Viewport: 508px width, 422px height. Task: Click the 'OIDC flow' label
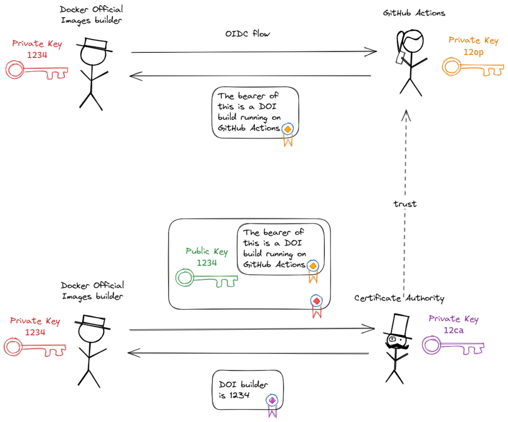[247, 34]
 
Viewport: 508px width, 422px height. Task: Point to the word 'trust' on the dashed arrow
[405, 204]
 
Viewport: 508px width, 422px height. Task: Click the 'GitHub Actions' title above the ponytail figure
[414, 13]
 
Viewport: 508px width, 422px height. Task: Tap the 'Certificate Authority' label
[399, 298]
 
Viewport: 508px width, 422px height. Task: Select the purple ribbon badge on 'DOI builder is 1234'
[272, 403]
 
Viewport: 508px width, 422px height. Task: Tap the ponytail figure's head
[411, 43]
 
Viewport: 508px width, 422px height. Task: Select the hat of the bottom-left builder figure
[93, 322]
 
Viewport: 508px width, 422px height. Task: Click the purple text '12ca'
[453, 330]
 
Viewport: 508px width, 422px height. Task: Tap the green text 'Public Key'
[206, 251]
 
